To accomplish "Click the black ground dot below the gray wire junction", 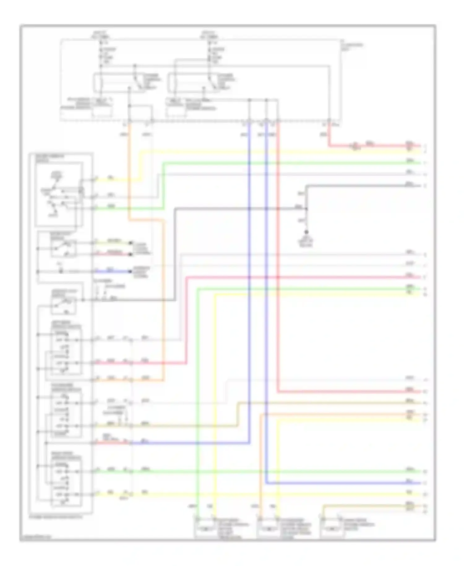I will click(x=306, y=232).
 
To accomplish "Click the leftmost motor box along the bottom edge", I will click(x=204, y=529).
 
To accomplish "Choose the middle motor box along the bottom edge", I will click(x=268, y=529).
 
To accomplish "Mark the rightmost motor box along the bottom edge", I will click(x=332, y=529).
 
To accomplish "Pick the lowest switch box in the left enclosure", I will click(x=66, y=483).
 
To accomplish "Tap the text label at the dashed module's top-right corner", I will click(x=352, y=46).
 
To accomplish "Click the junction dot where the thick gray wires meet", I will click(x=306, y=209).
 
